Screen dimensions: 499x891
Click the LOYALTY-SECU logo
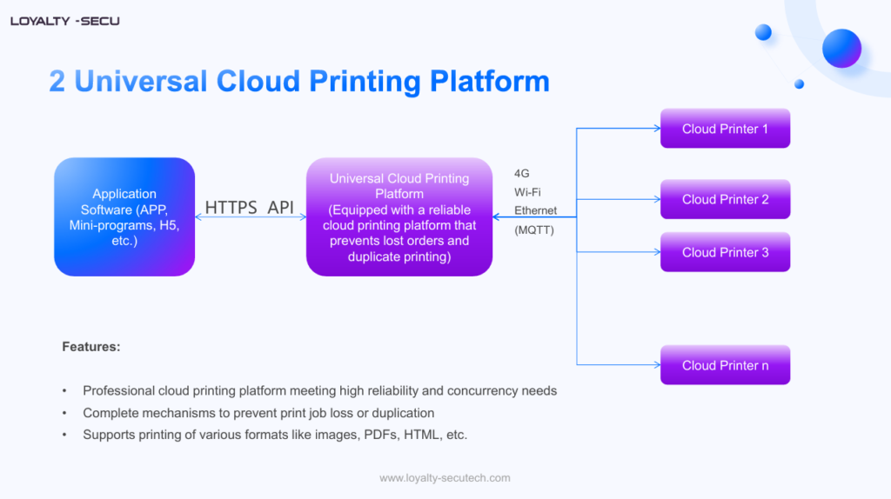point(65,21)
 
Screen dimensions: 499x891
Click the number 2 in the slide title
point(57,81)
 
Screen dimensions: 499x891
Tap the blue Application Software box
point(124,216)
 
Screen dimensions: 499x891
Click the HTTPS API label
point(250,208)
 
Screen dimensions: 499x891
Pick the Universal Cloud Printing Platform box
point(399,216)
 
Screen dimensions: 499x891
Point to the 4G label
point(522,174)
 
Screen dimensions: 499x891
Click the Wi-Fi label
point(527,192)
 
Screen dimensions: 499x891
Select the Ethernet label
point(535,210)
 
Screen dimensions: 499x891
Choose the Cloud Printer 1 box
point(725,129)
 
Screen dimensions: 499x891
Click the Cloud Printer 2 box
point(725,199)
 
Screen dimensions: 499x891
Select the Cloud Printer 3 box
point(725,252)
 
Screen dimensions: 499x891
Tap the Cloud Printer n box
point(725,365)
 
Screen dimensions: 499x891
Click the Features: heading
point(91,347)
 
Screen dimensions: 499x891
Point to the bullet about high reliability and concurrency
point(319,391)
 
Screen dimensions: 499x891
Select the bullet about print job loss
point(258,413)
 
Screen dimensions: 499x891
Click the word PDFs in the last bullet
point(374,435)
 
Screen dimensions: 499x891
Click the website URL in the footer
point(445,478)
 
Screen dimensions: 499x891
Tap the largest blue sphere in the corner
point(841,48)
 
